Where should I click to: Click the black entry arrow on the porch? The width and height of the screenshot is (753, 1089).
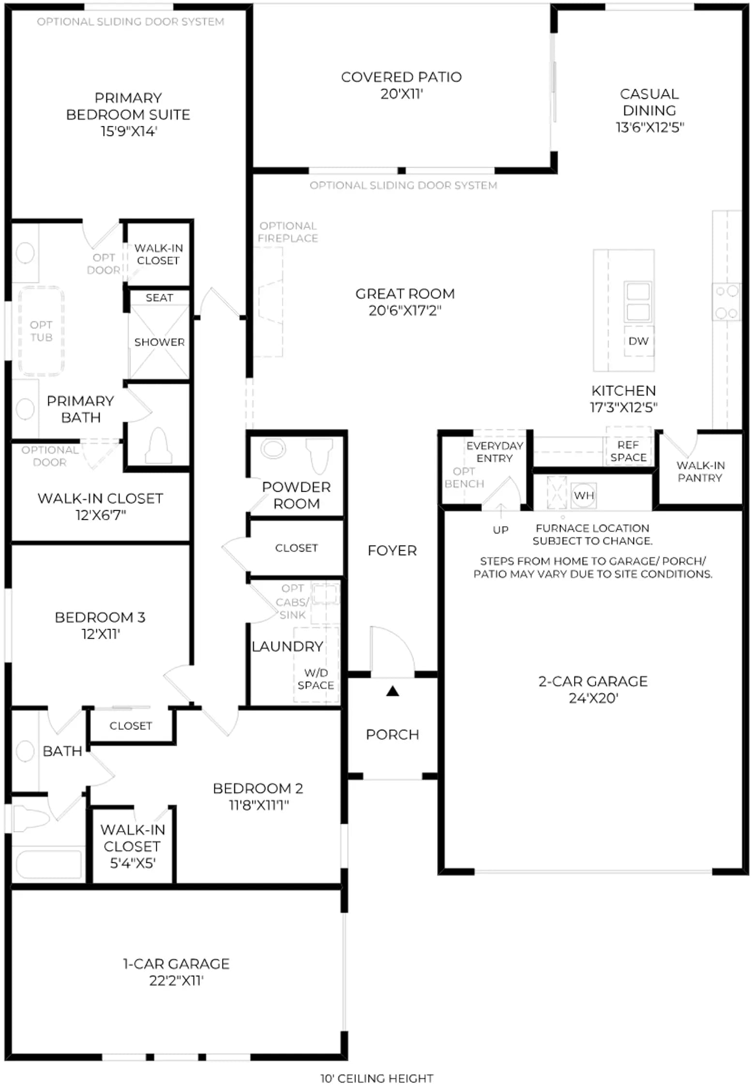392,691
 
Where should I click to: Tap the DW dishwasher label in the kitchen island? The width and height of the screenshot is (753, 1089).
638,341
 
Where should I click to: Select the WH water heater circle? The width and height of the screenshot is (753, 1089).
584,495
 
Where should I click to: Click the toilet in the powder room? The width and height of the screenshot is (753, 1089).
320,455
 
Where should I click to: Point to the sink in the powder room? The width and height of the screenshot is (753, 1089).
273,448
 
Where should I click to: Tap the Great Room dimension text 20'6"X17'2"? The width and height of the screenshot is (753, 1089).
405,310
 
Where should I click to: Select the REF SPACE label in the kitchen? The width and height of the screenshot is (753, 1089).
628,451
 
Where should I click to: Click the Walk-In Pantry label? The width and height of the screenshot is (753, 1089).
700,471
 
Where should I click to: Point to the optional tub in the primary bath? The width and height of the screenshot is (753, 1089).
41,331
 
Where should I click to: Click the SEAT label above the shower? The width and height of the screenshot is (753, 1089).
159,298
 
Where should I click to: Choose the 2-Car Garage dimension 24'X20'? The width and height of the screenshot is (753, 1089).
593,698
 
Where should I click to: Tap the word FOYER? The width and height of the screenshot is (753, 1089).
392,550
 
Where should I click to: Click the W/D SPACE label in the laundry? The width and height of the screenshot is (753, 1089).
316,679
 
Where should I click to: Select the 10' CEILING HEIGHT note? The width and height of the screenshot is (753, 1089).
376,1078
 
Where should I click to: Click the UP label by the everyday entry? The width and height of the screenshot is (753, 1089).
500,529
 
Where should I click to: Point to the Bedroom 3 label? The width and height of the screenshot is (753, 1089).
100,617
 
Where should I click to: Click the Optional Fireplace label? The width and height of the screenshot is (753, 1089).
288,232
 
